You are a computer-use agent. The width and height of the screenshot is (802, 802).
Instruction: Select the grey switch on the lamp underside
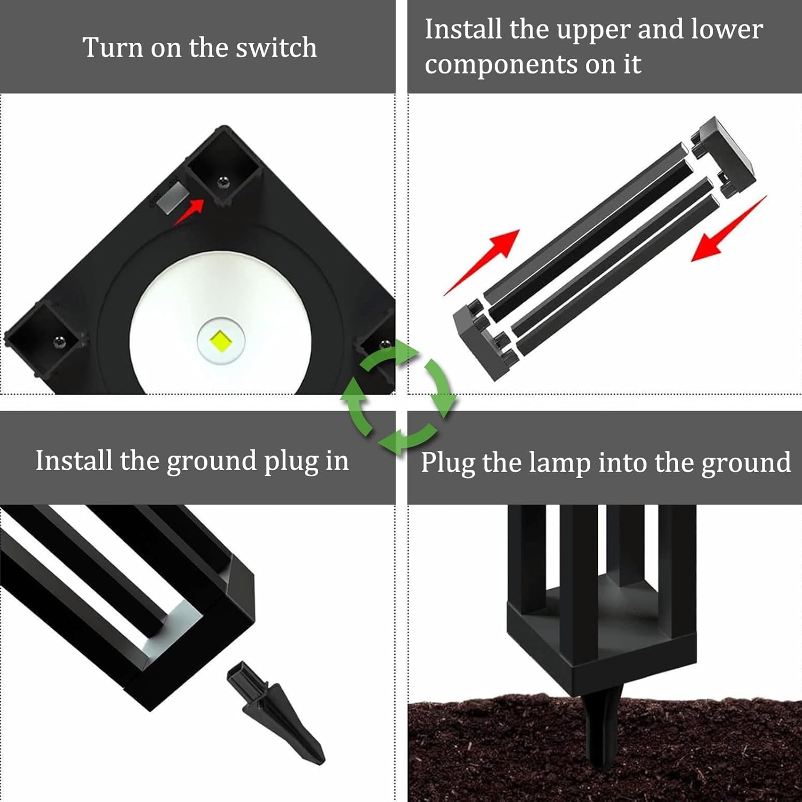point(173,197)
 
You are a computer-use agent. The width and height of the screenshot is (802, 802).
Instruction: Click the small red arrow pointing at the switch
point(188,212)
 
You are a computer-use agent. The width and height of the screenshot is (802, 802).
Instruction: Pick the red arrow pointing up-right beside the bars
point(481,262)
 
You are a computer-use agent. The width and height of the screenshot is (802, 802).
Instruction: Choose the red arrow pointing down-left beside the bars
point(729,228)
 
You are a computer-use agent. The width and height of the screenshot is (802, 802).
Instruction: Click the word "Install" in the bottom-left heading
point(74,460)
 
